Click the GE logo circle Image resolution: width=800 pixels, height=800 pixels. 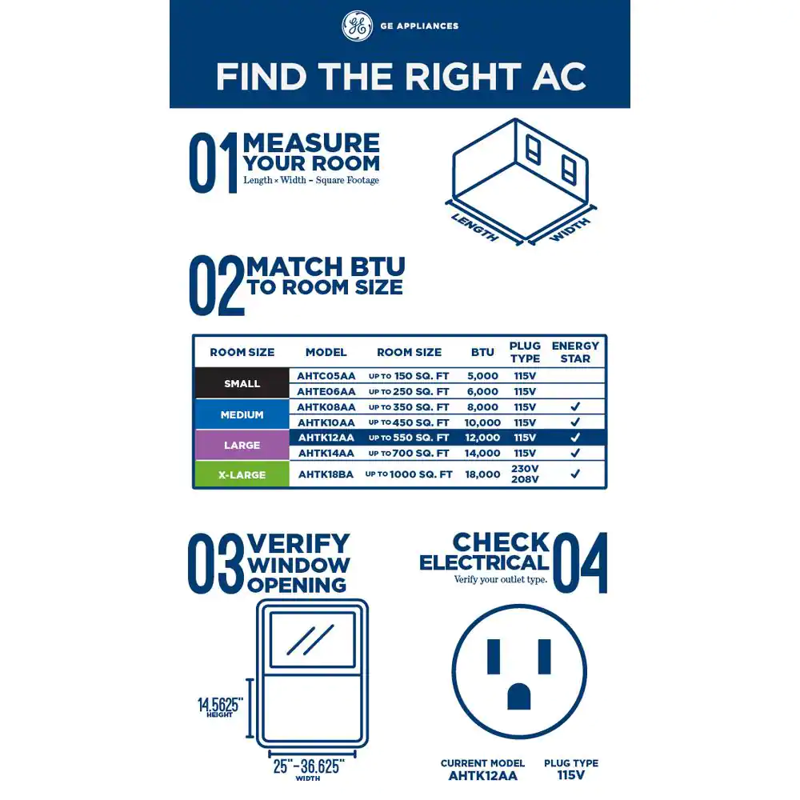point(357,26)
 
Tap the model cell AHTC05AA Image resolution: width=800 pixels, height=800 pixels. point(326,376)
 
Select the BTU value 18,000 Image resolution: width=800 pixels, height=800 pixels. point(482,474)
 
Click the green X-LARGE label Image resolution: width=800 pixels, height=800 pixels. point(242,475)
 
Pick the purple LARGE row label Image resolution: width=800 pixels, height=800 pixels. point(242,446)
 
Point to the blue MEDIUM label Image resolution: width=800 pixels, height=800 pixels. point(242,414)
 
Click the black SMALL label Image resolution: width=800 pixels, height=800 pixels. point(242,383)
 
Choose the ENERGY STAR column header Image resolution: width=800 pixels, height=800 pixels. point(575,352)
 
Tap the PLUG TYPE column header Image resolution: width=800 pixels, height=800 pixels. point(525,352)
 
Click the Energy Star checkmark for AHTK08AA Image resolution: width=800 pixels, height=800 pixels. point(575,406)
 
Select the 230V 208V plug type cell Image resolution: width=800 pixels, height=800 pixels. point(525,474)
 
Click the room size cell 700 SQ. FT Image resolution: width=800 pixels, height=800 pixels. point(409,453)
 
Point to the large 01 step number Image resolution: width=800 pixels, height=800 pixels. point(214,162)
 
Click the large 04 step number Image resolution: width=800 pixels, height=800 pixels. point(580,562)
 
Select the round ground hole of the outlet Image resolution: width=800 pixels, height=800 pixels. point(519,697)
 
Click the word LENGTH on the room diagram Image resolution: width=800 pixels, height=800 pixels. point(475,227)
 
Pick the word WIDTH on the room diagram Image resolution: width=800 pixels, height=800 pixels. point(570,230)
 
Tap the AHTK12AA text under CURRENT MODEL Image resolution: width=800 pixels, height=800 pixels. point(482,776)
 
